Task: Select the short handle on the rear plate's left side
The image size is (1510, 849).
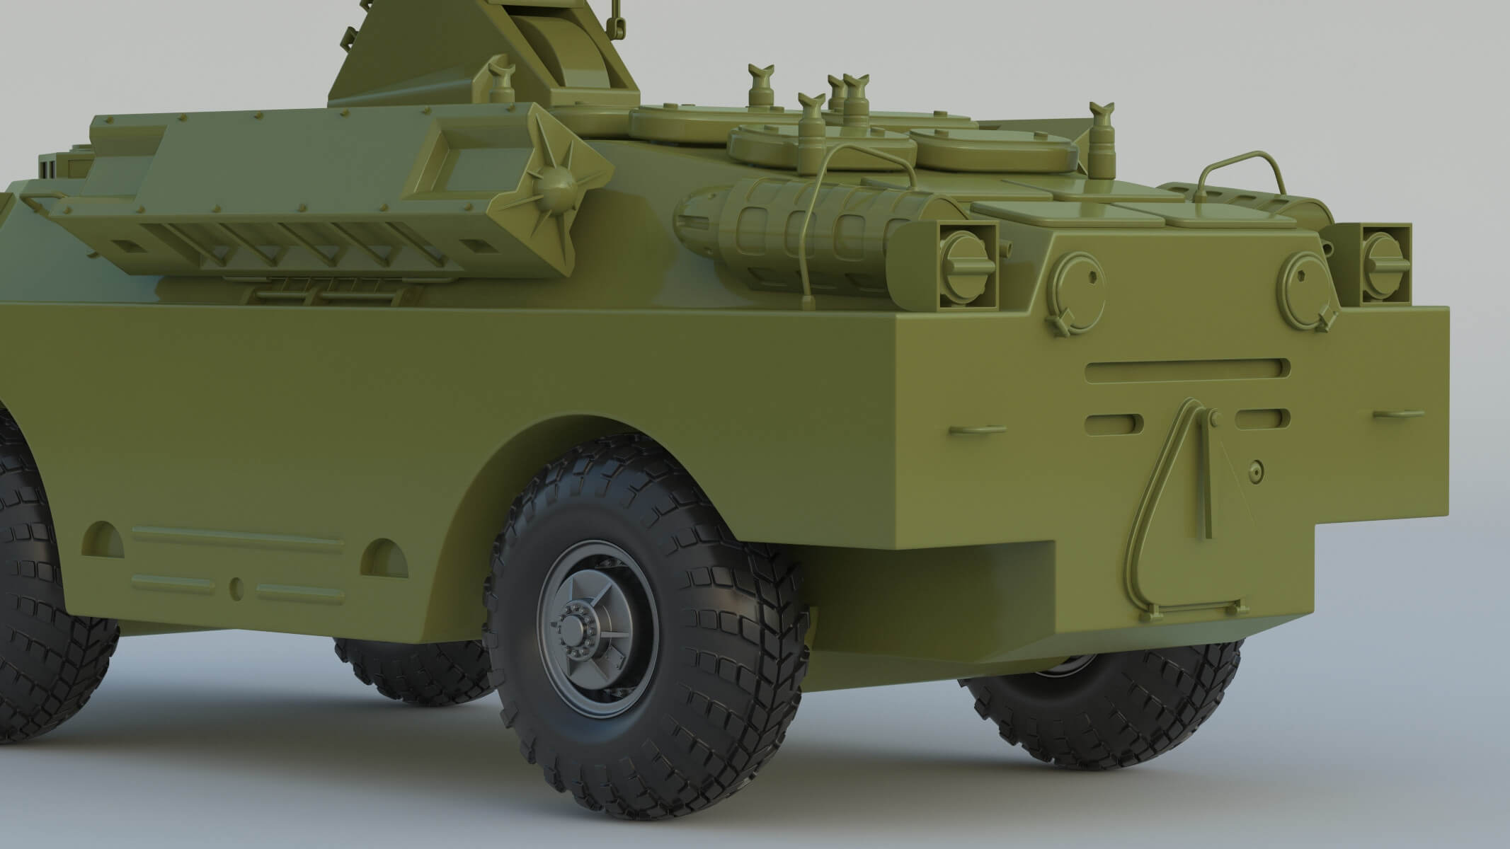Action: pos(978,429)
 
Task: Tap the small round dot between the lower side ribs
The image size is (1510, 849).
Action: pos(236,585)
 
